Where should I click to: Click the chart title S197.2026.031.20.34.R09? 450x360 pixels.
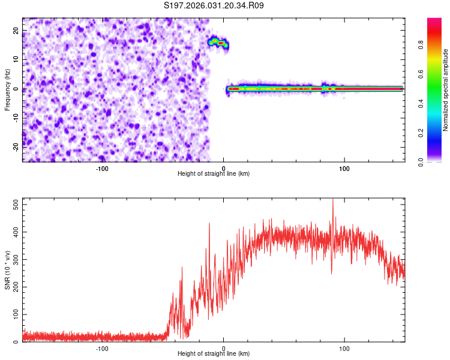pyautogui.click(x=214, y=6)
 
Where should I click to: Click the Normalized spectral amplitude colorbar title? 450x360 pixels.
pyautogui.click(x=445, y=90)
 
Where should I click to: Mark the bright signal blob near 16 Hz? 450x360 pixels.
pyautogui.click(x=219, y=43)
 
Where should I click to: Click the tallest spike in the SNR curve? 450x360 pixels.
pyautogui.click(x=333, y=200)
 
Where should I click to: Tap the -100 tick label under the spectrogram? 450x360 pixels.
pyautogui.click(x=101, y=169)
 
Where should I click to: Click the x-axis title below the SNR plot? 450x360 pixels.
pyautogui.click(x=214, y=354)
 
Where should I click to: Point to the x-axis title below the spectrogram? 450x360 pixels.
pyautogui.click(x=214, y=173)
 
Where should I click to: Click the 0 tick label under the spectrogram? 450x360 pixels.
pyautogui.click(x=223, y=169)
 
